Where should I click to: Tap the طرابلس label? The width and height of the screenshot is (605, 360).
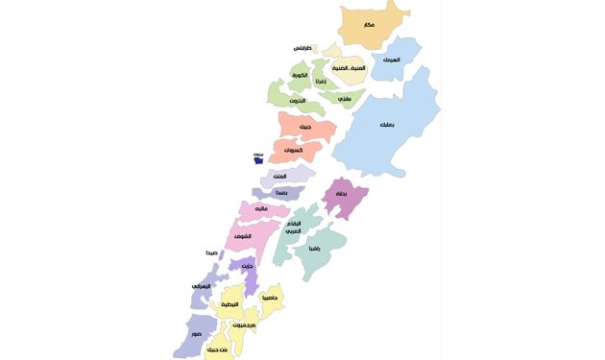tap(303, 48)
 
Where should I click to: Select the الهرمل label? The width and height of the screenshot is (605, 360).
tap(391, 60)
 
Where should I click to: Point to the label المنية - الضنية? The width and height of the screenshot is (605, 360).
tap(348, 68)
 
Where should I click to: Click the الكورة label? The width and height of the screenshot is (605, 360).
tap(300, 75)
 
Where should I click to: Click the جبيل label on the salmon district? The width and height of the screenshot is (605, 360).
tap(304, 127)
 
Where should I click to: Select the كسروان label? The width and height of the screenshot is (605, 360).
tap(296, 151)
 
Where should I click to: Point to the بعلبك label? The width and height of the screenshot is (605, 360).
tap(386, 126)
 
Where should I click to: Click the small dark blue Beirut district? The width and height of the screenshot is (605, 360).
tap(259, 159)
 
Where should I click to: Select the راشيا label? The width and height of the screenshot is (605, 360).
tap(314, 248)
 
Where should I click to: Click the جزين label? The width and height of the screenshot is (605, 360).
tap(247, 266)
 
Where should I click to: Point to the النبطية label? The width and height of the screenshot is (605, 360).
tap(230, 304)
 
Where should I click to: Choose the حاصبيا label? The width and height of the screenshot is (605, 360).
tap(270, 298)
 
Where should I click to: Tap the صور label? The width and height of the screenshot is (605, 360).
tap(197, 333)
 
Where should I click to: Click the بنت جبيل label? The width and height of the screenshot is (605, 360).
tap(219, 349)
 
